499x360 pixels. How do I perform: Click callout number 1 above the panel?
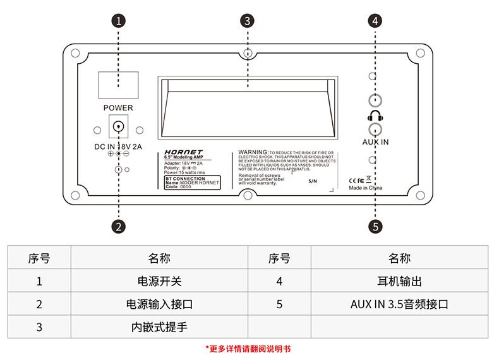pyautogui.click(x=118, y=20)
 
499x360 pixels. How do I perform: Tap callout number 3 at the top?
pyautogui.click(x=248, y=20)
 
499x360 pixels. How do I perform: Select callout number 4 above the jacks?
pyautogui.click(x=376, y=20)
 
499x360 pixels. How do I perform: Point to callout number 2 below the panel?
pyautogui.click(x=118, y=225)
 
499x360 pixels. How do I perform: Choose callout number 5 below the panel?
pyautogui.click(x=376, y=225)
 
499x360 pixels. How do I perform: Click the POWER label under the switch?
pyautogui.click(x=118, y=108)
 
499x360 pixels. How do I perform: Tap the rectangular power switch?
pyautogui.click(x=118, y=85)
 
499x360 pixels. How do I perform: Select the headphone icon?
pyautogui.click(x=375, y=116)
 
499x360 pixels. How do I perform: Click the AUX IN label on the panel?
pyautogui.click(x=375, y=142)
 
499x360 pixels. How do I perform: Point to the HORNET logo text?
pyautogui.click(x=183, y=152)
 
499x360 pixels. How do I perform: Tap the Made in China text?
pyautogui.click(x=366, y=188)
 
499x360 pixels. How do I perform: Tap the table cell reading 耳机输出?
pyautogui.click(x=399, y=282)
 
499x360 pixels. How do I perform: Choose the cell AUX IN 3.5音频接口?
pyautogui.click(x=399, y=304)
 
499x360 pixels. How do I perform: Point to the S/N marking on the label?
pyautogui.click(x=314, y=181)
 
